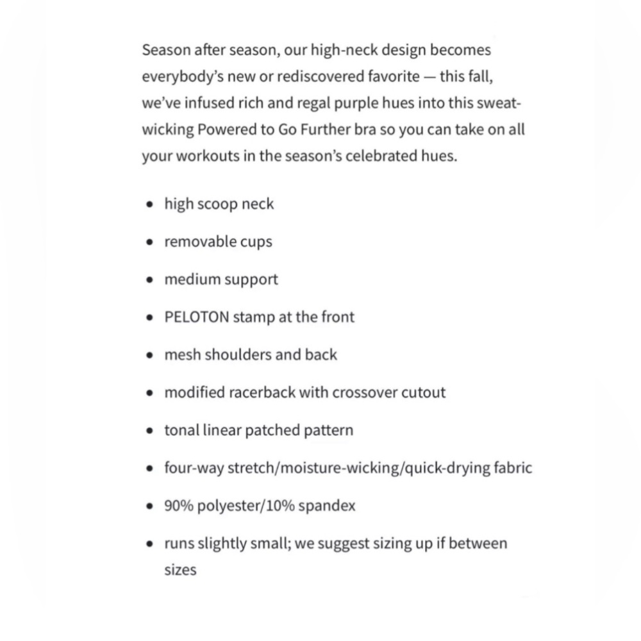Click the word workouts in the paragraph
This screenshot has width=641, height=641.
tap(208, 156)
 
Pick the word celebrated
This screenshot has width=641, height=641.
tap(378, 156)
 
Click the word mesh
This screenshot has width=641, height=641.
tap(182, 355)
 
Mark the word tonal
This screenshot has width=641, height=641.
tap(181, 430)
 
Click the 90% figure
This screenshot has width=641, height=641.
tap(178, 506)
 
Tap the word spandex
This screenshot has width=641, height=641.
tap(327, 506)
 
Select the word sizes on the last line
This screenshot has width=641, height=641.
tap(180, 570)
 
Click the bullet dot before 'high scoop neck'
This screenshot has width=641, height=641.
tap(149, 205)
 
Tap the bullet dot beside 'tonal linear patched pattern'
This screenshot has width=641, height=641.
tap(149, 431)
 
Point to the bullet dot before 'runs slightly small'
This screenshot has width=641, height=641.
tap(149, 544)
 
